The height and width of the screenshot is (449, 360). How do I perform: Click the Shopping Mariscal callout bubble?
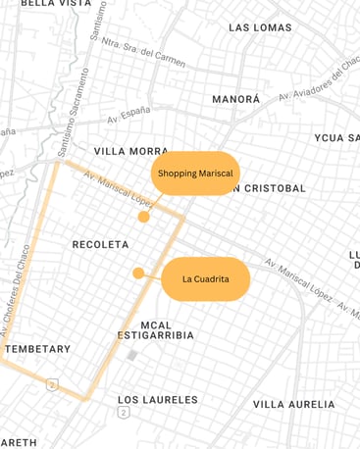195,174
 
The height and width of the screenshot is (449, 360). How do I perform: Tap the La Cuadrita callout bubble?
205,279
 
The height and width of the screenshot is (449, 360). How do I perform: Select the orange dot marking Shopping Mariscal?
143,217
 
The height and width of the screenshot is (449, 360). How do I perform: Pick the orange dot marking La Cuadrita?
138,274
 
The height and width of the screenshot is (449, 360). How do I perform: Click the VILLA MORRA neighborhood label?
130,152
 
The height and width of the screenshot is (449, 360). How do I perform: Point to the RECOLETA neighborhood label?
100,244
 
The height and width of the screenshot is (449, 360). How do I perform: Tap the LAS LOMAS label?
260,27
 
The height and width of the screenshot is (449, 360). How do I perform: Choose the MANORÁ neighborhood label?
236,100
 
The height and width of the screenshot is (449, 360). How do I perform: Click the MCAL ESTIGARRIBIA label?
155,330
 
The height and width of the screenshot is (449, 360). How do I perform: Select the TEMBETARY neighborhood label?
37,349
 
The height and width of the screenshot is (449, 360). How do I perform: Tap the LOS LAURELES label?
157,400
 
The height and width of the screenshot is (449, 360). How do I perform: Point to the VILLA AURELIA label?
293,404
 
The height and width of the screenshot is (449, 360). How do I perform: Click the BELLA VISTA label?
56,4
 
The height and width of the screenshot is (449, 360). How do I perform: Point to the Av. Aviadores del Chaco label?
318,82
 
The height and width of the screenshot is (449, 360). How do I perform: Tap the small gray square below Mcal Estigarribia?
131,355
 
